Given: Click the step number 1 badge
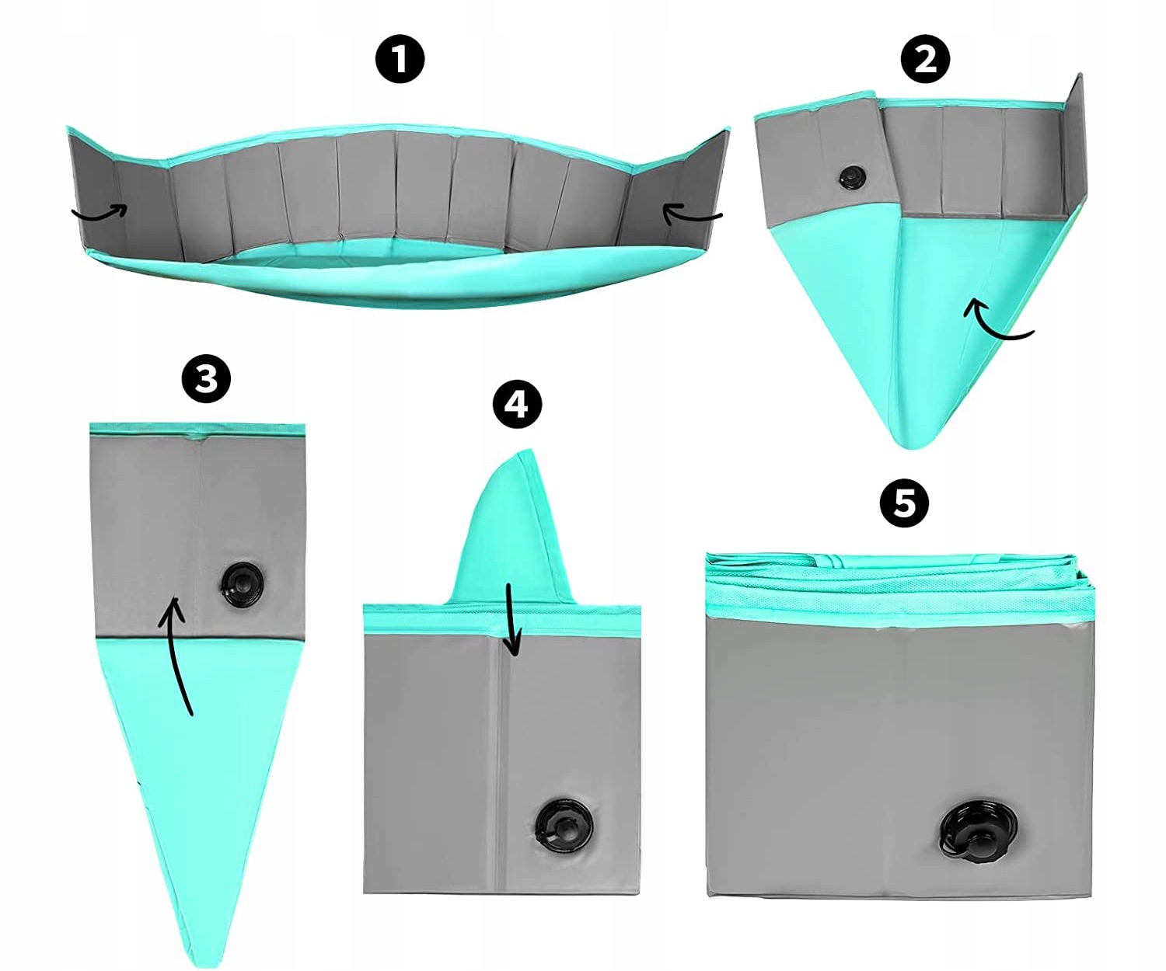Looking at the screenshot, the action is coord(400,58).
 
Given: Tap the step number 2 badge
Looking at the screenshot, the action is coord(925,58).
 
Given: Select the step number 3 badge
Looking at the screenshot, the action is coord(206,378).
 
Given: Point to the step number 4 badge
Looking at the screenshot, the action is coord(517,404).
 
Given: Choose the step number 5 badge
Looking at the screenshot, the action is coord(904,503).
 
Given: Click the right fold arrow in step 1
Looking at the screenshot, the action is coord(691,214).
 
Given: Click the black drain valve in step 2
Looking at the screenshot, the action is coord(850,177).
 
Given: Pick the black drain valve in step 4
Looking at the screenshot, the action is coord(562,824).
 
